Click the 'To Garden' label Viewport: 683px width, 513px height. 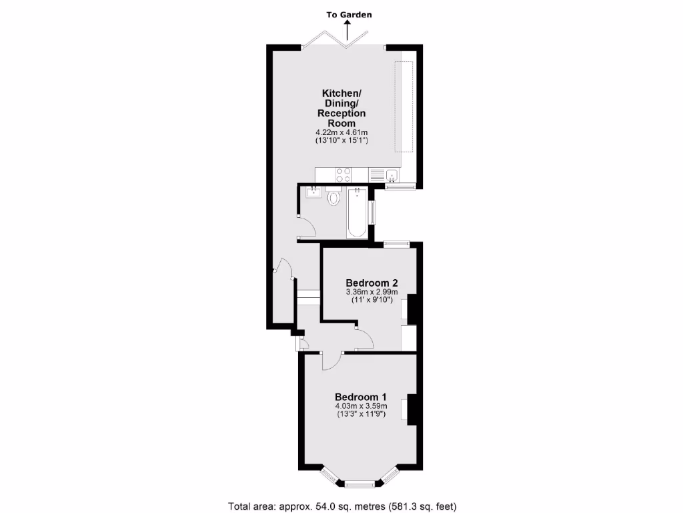(350, 14)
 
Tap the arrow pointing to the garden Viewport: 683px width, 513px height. (348, 30)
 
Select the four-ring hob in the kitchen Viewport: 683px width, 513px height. (343, 175)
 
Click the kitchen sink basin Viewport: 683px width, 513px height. (392, 176)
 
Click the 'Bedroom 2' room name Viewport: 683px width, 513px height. (372, 282)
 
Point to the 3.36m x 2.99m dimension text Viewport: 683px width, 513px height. (372, 292)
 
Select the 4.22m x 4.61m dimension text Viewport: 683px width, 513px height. (344, 133)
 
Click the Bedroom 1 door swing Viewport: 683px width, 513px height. (331, 361)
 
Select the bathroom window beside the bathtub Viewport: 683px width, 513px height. (372, 212)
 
